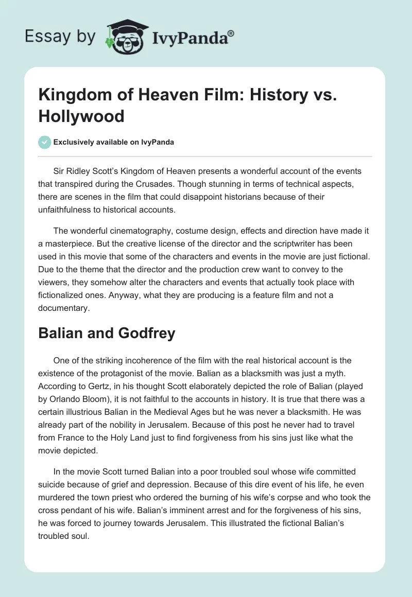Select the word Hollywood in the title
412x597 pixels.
click(x=81, y=116)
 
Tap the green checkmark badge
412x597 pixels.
click(x=44, y=142)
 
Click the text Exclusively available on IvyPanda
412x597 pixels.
click(x=113, y=142)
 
